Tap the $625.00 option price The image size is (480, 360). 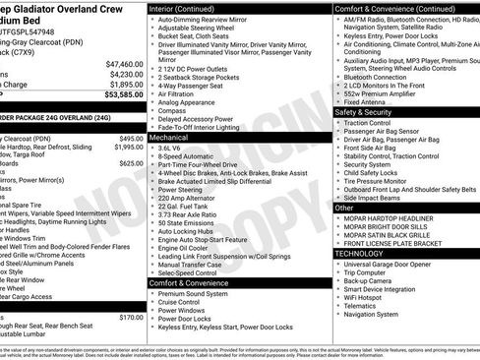131,163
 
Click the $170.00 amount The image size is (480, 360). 131,318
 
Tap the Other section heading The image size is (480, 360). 344,208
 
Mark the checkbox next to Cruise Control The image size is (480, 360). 152,302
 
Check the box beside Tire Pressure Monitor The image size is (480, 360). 337,181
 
